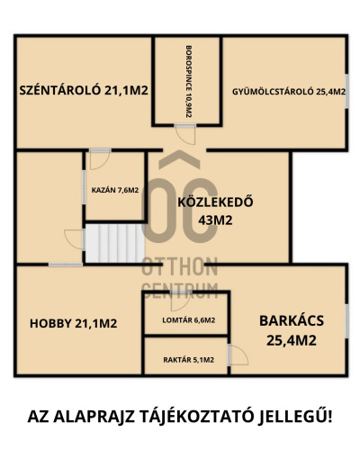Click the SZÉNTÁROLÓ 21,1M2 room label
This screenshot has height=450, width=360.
84,90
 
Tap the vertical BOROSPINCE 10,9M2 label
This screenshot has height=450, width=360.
188,81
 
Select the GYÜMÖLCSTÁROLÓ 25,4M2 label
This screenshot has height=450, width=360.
289,92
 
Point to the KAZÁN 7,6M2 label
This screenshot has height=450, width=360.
115,190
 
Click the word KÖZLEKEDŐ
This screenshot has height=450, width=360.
215,202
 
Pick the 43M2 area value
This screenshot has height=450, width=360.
215,220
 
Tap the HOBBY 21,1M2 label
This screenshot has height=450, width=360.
74,323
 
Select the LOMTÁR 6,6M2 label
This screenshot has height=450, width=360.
189,320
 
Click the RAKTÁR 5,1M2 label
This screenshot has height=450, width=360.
189,360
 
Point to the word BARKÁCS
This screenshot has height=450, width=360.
292,320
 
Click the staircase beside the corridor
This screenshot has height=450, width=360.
115,243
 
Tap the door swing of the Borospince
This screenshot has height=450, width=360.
185,134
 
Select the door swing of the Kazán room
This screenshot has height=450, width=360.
100,159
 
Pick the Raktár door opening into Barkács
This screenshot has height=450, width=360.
238,355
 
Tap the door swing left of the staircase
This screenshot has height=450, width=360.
74,239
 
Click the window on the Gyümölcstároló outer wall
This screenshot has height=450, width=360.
346,91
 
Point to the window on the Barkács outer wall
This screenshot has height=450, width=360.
346,321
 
